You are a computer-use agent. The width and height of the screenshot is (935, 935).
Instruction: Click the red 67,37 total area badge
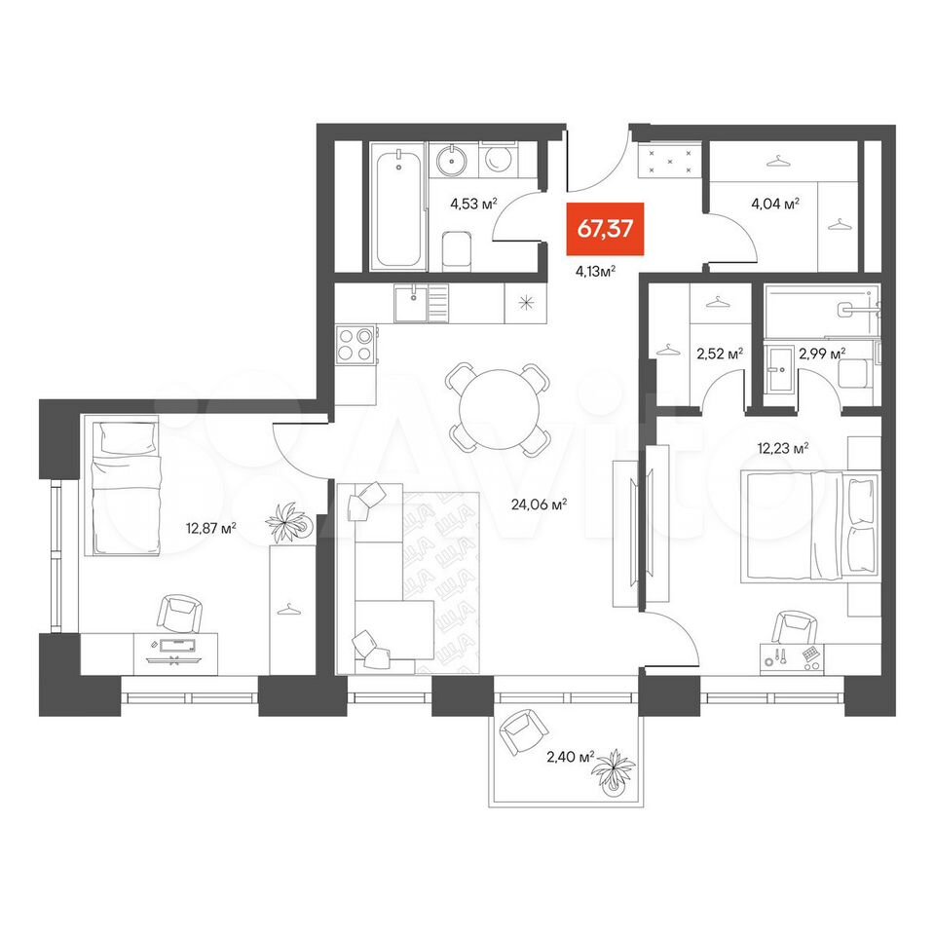[x=605, y=229]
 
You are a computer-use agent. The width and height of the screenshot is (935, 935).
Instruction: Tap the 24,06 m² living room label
[x=539, y=505]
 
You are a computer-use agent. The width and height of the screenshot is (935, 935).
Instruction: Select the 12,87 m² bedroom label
[x=211, y=528]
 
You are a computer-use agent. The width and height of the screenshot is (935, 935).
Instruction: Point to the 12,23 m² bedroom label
[x=783, y=448]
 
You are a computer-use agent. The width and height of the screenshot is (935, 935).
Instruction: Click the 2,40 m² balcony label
[x=571, y=757]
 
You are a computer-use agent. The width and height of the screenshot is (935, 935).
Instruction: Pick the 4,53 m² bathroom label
[x=473, y=204]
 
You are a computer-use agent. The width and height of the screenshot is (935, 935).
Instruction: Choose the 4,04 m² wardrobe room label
[x=775, y=204]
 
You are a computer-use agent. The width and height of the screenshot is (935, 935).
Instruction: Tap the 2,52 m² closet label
[x=720, y=354]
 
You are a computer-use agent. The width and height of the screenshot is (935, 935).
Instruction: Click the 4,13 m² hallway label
[x=595, y=272]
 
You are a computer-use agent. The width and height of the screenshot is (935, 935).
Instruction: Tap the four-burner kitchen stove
[x=356, y=344]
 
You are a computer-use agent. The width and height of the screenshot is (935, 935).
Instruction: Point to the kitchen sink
[x=411, y=303]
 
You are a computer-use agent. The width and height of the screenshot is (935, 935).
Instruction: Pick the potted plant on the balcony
[x=613, y=772]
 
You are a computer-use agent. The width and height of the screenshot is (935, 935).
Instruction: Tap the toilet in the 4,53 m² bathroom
[x=458, y=250]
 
